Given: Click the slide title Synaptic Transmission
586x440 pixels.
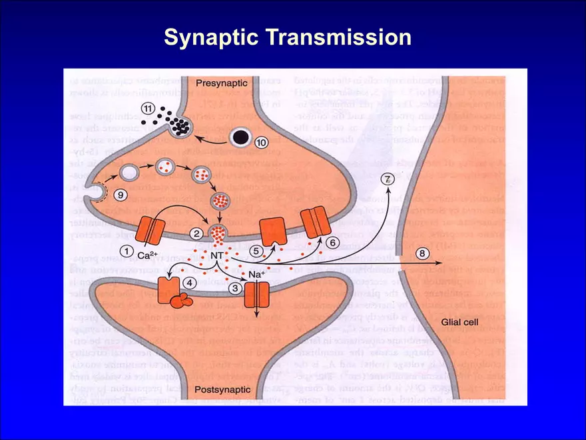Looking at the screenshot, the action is point(288,37).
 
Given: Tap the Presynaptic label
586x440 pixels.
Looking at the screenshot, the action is point(222,83).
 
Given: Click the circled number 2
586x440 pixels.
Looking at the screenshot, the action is point(197,233).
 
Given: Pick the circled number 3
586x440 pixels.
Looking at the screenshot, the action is point(234,287).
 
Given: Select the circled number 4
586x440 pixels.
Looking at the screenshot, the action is point(189,283).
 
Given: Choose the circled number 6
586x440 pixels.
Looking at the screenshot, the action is point(332,243).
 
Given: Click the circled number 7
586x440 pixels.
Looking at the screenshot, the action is point(388,179).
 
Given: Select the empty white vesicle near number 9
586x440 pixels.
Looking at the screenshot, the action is point(132,173).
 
